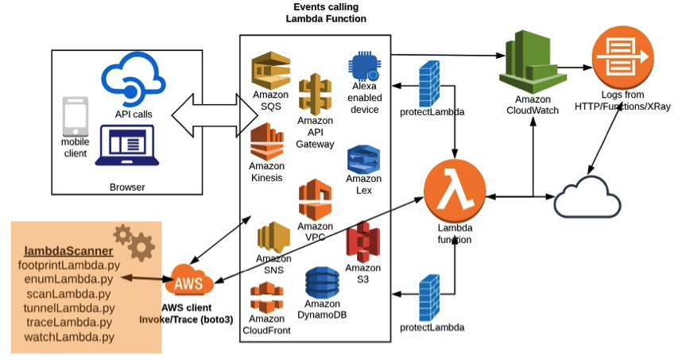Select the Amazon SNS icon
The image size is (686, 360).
273,236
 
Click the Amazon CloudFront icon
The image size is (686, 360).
266,297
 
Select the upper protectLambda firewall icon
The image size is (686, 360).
429,81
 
